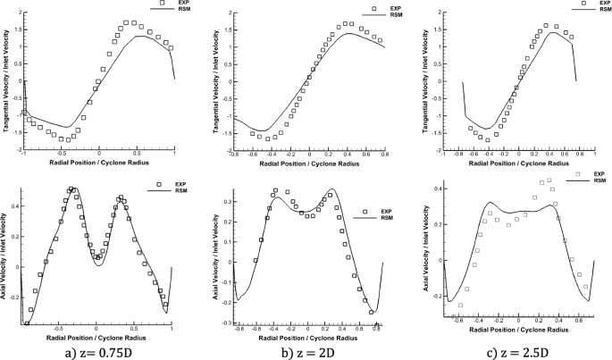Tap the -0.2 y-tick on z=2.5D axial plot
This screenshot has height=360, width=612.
tap(435, 294)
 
